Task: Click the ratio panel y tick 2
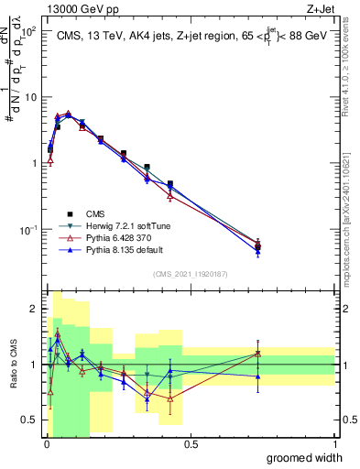point(35,308)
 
